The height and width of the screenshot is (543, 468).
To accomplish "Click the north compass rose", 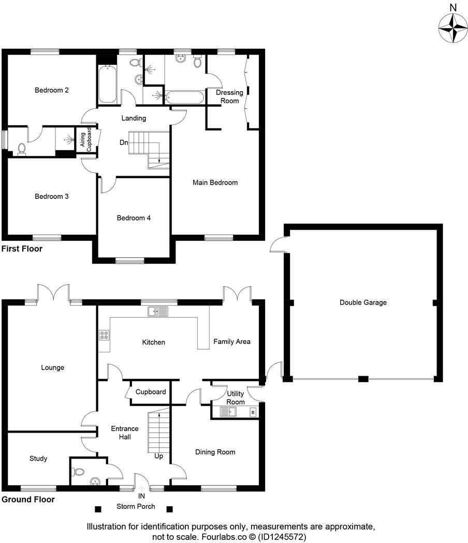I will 453,27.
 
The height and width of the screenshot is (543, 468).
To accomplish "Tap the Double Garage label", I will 363,303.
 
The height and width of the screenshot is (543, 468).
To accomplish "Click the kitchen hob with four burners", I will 104,335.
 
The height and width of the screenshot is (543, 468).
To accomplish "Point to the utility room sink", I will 228,412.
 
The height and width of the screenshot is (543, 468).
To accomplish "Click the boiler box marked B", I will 253,412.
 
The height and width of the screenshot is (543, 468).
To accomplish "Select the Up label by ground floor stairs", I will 159,456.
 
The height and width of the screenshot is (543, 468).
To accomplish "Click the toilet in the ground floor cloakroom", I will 78,471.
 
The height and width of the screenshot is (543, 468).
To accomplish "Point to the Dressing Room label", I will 229,96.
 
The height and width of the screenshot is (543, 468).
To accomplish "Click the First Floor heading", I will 22,249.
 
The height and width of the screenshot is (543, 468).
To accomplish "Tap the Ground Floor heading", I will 28,499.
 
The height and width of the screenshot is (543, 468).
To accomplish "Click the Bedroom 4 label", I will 134,218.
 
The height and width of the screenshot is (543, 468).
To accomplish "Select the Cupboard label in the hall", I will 151,392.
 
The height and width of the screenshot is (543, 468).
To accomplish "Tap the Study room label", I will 38,459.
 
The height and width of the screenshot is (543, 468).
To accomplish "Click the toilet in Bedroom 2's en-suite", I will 21,149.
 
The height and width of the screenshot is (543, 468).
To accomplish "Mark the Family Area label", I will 232,341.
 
